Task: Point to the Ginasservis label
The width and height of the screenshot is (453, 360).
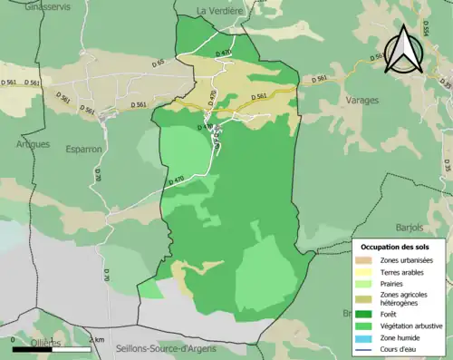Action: coord(24,5)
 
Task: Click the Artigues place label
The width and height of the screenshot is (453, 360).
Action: coord(33,143)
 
